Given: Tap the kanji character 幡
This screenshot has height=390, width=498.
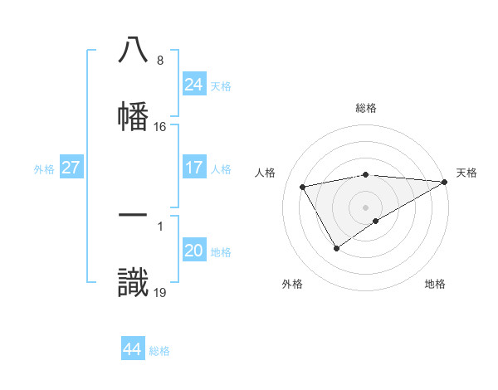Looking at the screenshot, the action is coord(133,115).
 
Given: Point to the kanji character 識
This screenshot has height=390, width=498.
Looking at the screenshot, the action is coord(133,283).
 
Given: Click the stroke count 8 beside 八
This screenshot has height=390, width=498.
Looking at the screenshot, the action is coord(159,61).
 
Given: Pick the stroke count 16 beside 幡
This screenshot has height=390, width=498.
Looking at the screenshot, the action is coord(159,127).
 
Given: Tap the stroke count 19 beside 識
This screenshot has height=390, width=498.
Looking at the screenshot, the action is coord(159,292).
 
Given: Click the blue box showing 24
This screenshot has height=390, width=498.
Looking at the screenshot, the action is coord(193,85).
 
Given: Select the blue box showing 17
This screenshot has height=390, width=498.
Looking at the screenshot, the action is coord(193,168).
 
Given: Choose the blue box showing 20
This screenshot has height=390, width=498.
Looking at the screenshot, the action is coord(193,251).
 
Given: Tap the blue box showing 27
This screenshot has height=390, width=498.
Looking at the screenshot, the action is coord(71,168).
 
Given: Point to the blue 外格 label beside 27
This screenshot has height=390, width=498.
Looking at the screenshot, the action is coord(44,168).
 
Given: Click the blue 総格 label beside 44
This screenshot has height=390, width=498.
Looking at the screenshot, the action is coord(159,350).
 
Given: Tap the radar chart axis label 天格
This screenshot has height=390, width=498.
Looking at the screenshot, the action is coord(466,173).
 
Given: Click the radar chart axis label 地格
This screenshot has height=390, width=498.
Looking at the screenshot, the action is coord(435,284).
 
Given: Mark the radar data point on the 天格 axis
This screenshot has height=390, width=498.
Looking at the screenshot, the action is coord(446,182).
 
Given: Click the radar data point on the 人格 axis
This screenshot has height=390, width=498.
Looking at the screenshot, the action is coord(303,187).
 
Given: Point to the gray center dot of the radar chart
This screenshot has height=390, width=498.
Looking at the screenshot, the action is coord(365,207).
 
